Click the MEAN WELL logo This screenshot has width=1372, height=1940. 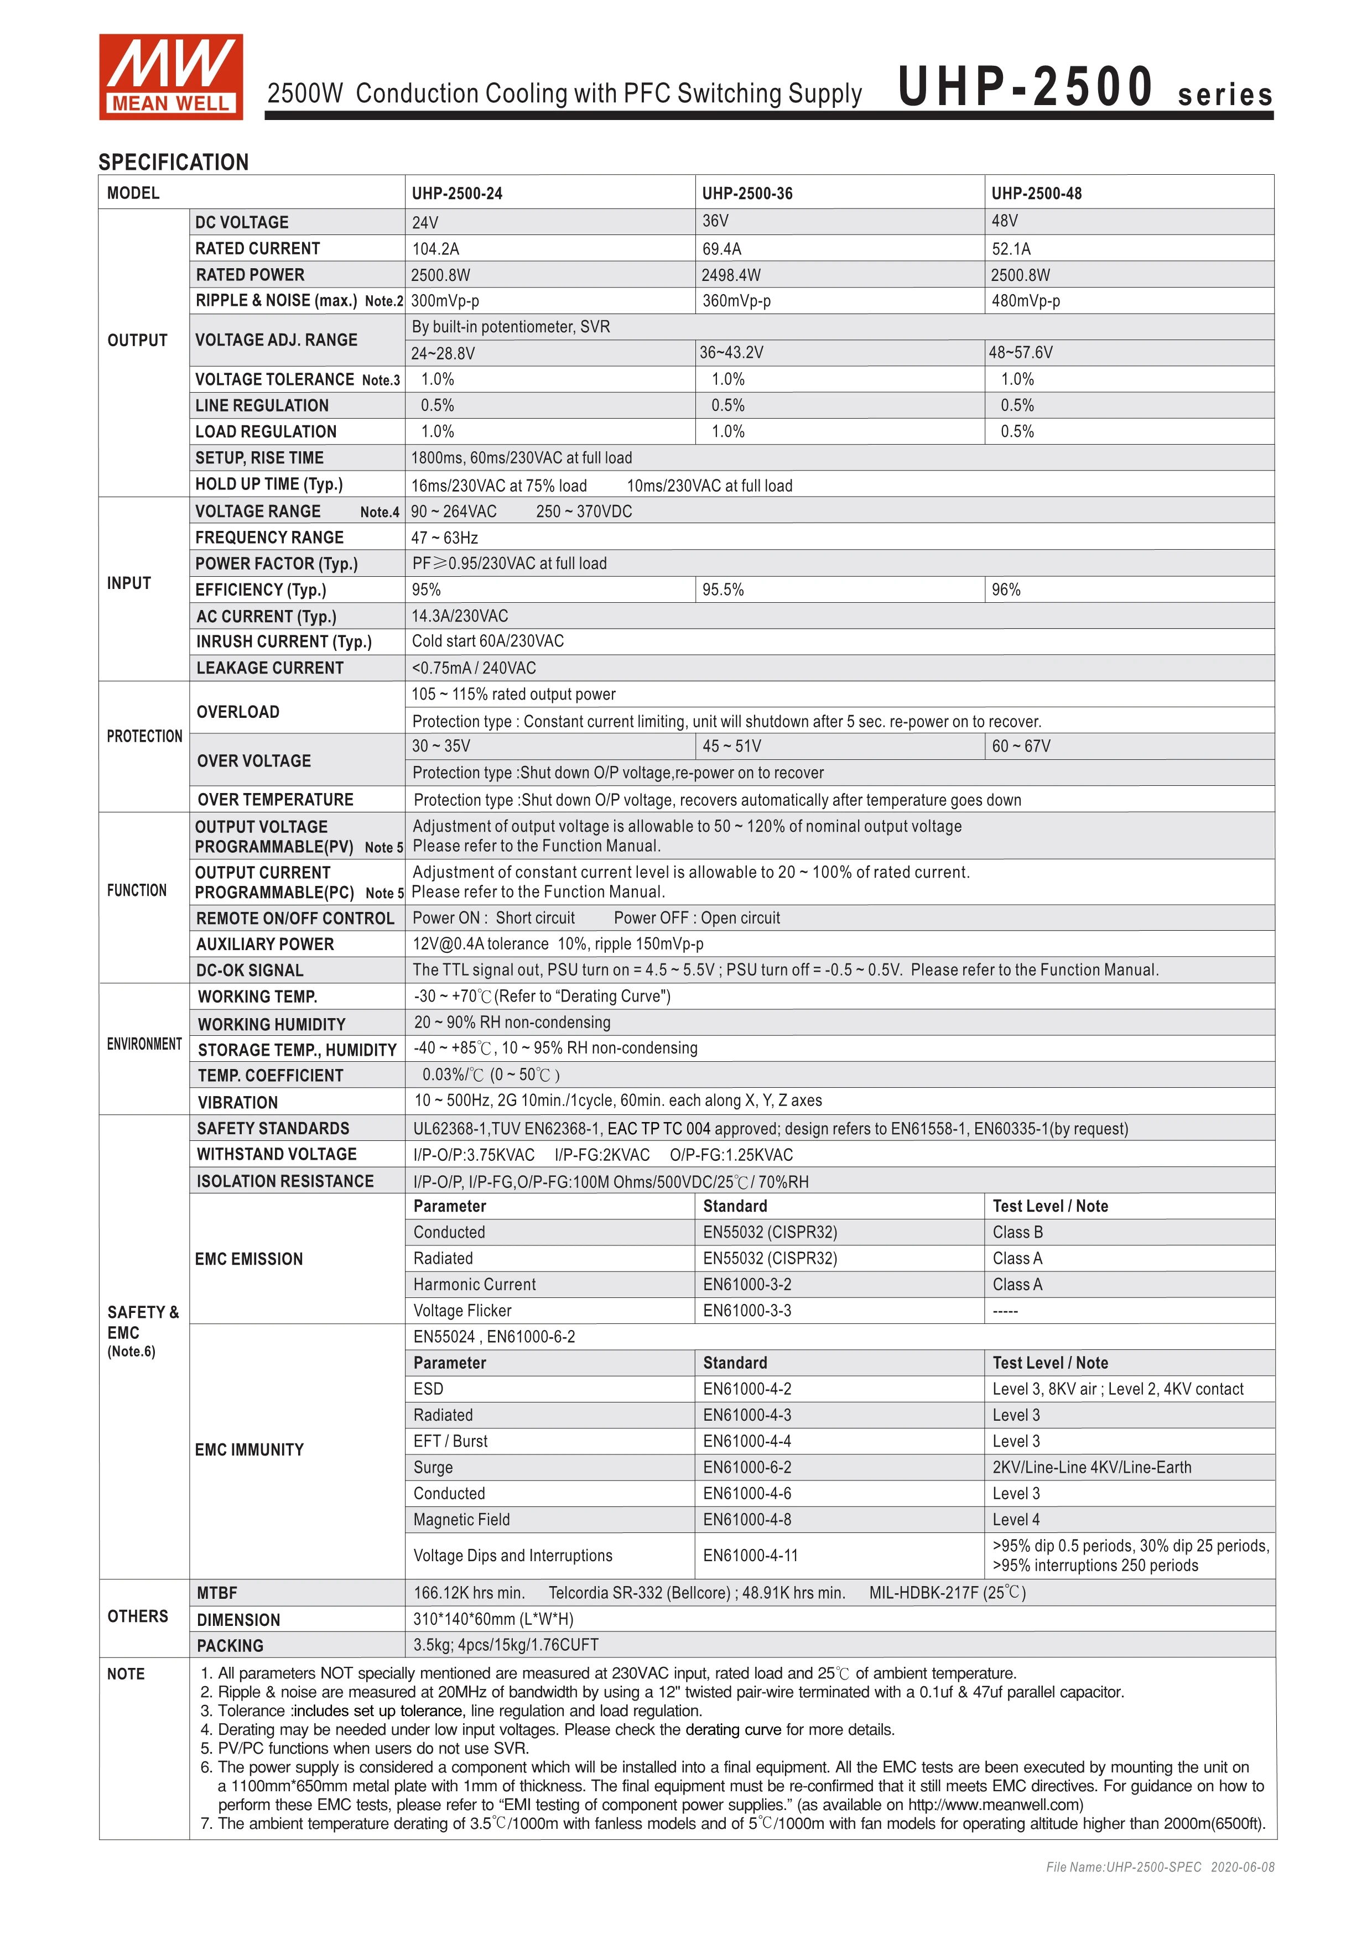point(171,76)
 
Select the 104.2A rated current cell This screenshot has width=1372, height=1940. point(435,248)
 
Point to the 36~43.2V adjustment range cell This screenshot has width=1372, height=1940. point(731,352)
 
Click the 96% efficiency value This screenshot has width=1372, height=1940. point(1006,590)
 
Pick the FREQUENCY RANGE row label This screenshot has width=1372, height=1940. point(269,538)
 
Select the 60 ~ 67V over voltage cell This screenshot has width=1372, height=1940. point(1021,746)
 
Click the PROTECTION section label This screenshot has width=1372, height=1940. point(144,736)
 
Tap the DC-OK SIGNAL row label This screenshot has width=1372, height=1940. point(250,970)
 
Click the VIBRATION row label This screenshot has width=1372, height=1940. point(237,1102)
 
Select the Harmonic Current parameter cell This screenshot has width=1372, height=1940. point(474,1284)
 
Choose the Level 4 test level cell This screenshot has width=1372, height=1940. point(1016,1519)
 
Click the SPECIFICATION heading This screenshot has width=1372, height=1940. point(173,162)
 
